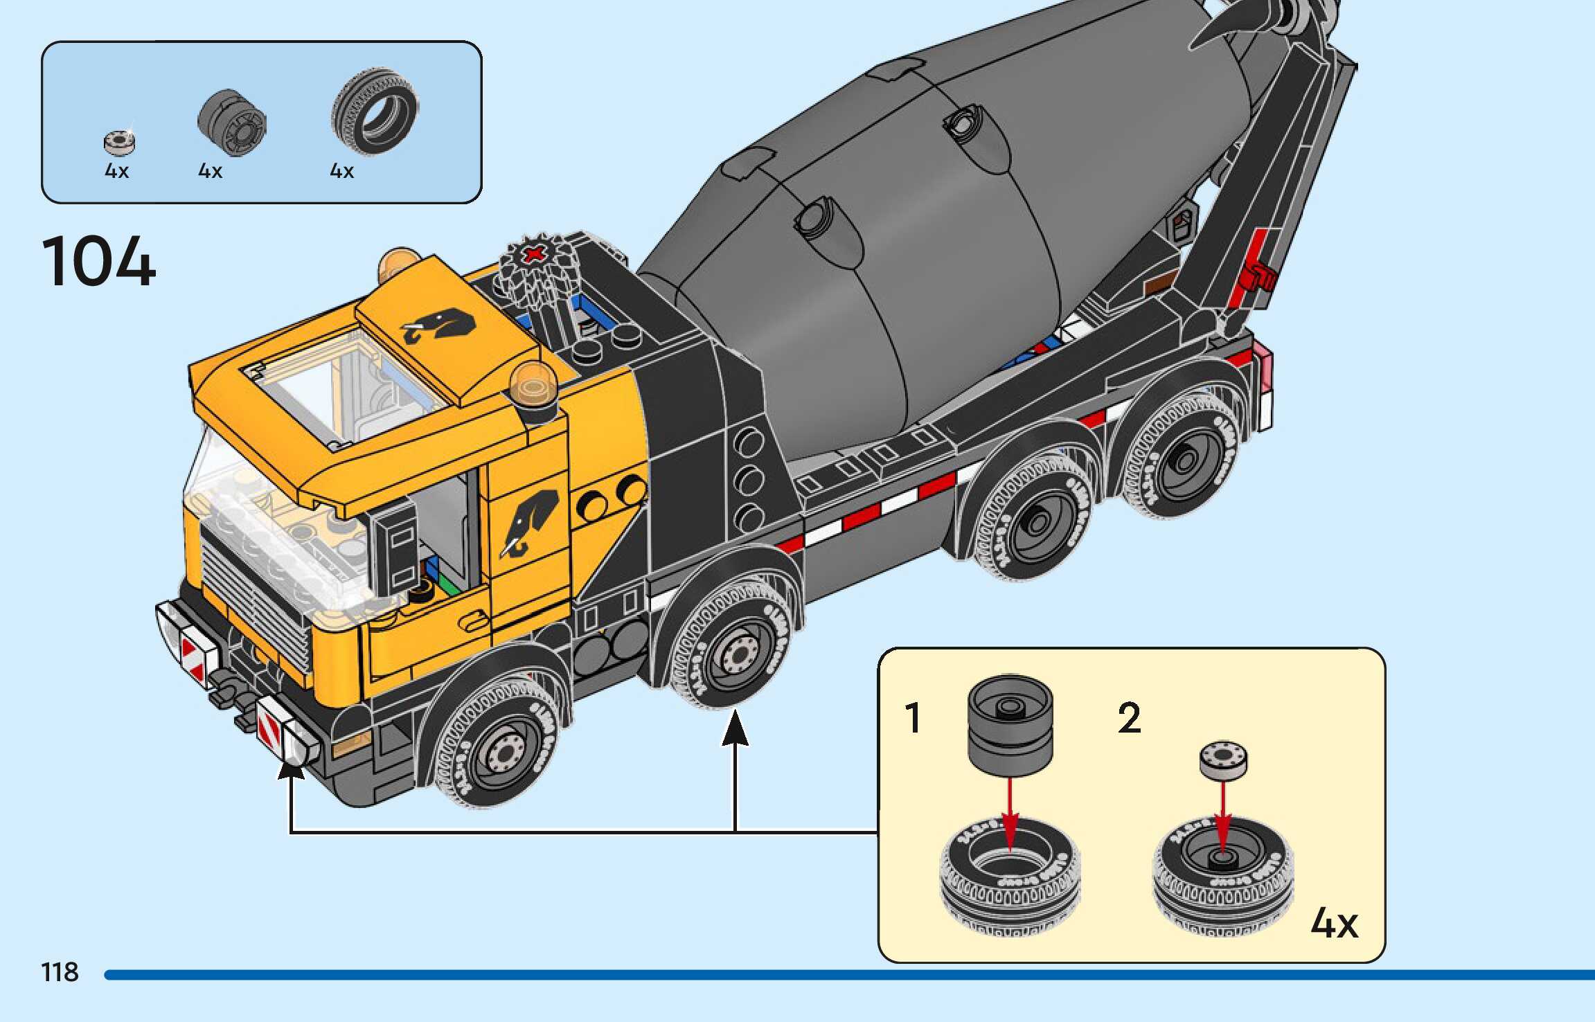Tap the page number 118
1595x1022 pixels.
[x=60, y=972]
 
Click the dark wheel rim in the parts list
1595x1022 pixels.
[x=232, y=122]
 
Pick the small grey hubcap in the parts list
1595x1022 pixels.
[x=120, y=142]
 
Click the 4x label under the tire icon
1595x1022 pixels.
[x=341, y=171]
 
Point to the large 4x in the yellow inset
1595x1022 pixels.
[x=1334, y=922]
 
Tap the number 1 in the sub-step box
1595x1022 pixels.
[x=914, y=717]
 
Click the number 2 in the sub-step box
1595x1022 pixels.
[x=1129, y=717]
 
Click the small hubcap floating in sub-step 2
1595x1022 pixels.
[x=1223, y=760]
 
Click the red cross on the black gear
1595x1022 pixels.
[x=533, y=255]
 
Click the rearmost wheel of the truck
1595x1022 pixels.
[x=1186, y=460]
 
